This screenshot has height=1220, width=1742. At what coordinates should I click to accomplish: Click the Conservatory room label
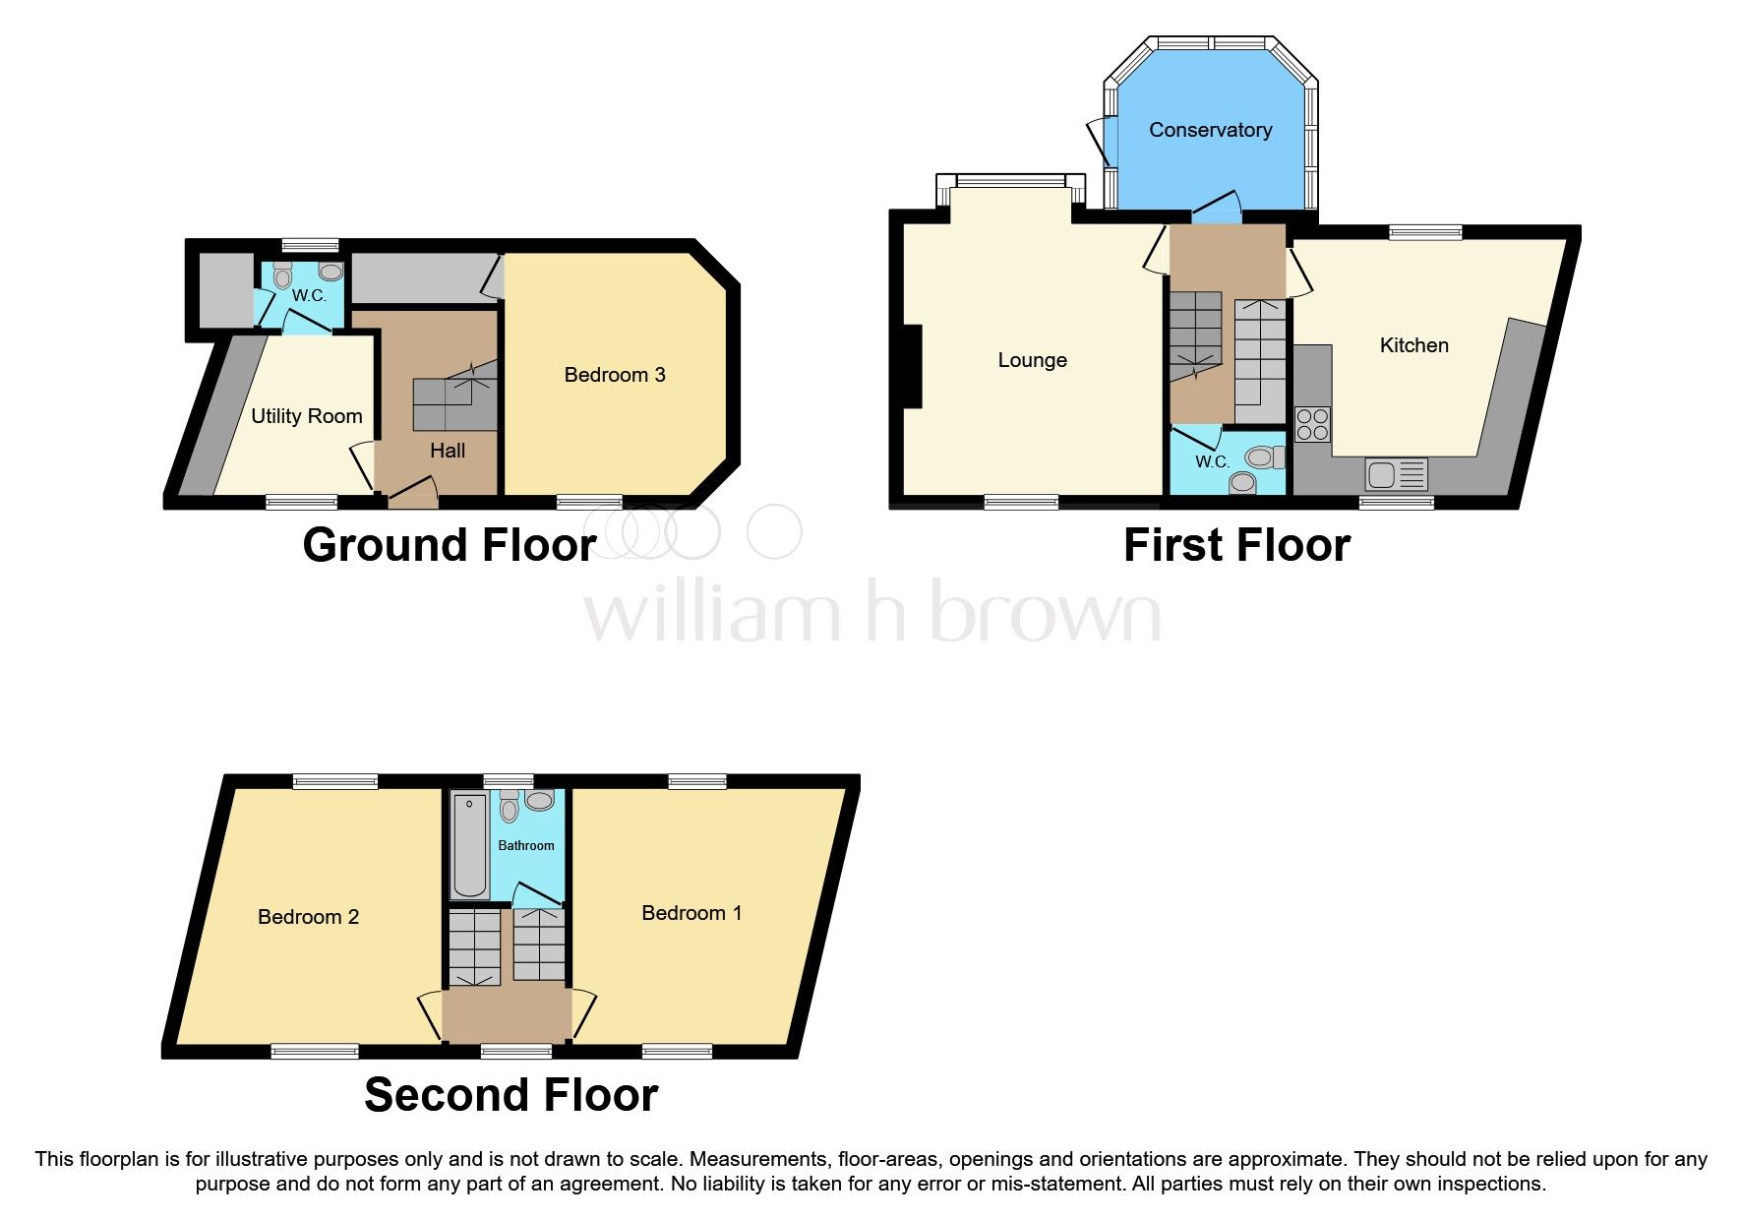tap(1210, 130)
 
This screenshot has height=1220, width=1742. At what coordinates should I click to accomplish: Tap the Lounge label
tap(1032, 360)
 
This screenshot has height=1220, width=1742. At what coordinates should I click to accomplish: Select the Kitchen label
tap(1413, 345)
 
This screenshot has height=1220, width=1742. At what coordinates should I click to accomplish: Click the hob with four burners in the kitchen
tap(1312, 424)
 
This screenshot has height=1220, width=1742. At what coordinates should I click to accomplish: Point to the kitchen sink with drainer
tap(1396, 475)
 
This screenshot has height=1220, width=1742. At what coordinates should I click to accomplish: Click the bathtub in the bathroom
tap(470, 846)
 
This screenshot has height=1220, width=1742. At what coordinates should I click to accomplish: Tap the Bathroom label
tap(525, 845)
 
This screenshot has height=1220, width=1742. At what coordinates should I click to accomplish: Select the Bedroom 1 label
tap(691, 913)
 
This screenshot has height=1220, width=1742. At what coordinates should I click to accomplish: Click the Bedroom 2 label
tap(308, 917)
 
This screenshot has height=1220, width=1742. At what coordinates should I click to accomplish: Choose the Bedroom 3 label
tap(615, 375)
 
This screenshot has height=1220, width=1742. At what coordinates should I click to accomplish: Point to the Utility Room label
tap(306, 416)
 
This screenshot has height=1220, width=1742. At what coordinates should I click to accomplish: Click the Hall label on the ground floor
tap(448, 451)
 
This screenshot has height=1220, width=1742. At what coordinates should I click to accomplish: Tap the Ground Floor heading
tap(450, 545)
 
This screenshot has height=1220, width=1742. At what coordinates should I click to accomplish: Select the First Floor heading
tap(1236, 545)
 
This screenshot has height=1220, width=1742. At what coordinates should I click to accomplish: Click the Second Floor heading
tap(511, 1095)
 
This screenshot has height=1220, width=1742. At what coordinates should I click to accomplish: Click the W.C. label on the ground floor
tap(308, 295)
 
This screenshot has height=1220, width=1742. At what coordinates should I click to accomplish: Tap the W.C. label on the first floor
tap(1212, 461)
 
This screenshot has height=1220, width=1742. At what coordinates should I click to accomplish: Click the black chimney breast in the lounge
tap(913, 366)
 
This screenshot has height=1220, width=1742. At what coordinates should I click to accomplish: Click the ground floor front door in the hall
tap(413, 491)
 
